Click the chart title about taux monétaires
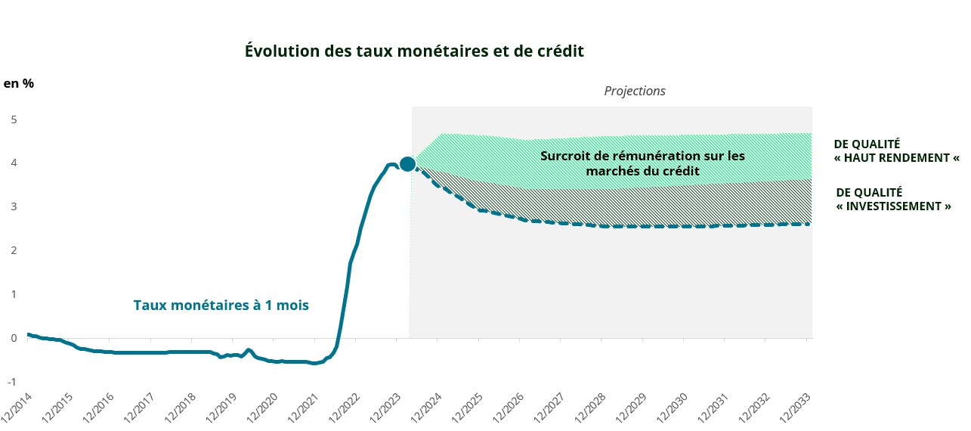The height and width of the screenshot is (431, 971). click(x=414, y=51)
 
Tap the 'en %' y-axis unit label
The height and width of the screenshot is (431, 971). click(x=19, y=84)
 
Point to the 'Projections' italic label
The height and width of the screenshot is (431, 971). click(x=635, y=91)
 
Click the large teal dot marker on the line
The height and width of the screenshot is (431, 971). click(x=407, y=164)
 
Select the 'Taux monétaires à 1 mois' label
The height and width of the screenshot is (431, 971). click(x=221, y=305)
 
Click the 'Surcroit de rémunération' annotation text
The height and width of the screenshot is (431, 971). click(x=642, y=163)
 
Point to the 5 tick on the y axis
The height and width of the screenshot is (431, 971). click(x=14, y=119)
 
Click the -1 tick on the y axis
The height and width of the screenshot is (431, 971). click(x=12, y=381)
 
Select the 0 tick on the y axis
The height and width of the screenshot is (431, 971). click(x=14, y=338)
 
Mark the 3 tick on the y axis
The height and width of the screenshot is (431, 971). click(x=14, y=206)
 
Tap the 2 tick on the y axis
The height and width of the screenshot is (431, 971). click(x=14, y=250)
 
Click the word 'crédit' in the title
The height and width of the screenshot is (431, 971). click(x=559, y=51)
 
